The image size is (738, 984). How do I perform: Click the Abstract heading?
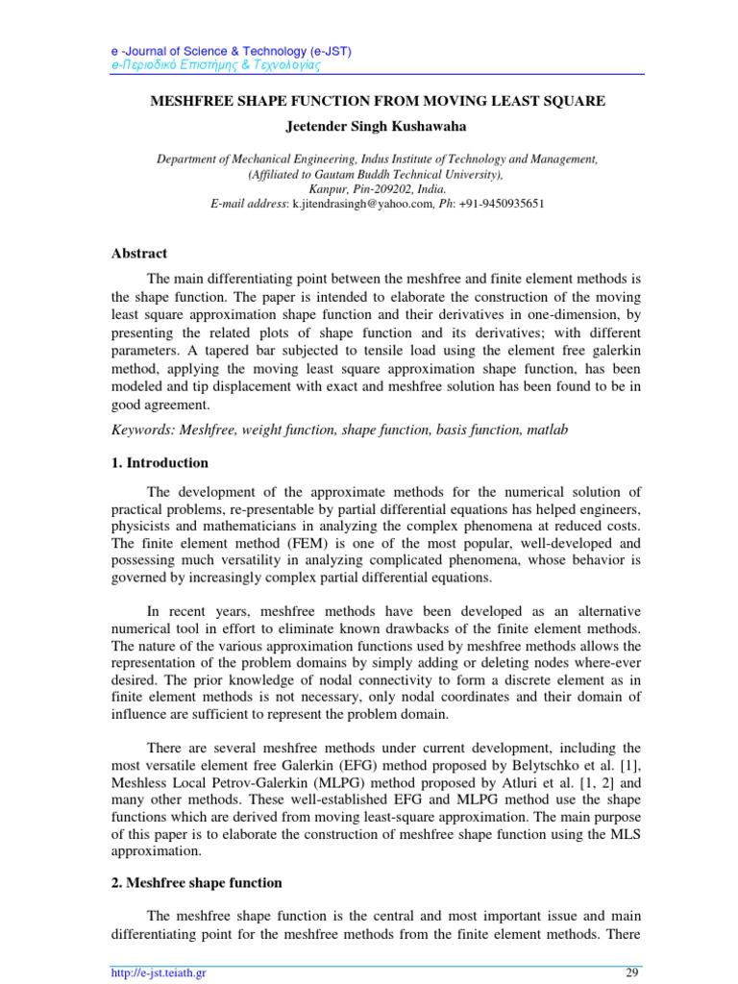coord(138,254)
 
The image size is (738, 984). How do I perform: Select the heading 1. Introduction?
coord(156,463)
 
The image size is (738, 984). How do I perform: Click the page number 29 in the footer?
coord(631,973)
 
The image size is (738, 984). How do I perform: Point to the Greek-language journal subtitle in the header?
coord(212,65)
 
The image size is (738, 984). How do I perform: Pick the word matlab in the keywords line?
coord(547,430)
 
